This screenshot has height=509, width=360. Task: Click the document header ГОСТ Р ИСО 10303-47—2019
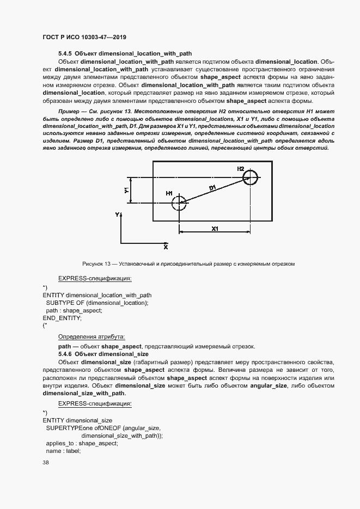pyautogui.click(x=84, y=38)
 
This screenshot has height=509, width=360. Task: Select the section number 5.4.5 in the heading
pyautogui.click(x=65, y=54)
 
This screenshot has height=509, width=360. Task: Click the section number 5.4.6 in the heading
pyautogui.click(x=65, y=354)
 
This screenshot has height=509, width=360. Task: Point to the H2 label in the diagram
pyautogui.click(x=240, y=169)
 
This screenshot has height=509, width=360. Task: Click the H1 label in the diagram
pyautogui.click(x=169, y=194)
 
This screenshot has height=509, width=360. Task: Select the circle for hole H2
pyautogui.click(x=250, y=177)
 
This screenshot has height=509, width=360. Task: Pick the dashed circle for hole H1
pyautogui.click(x=179, y=204)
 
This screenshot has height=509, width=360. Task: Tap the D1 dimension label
pyautogui.click(x=212, y=188)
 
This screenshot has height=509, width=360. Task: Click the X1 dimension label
pyautogui.click(x=215, y=229)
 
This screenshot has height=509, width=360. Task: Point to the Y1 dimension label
pyautogui.click(x=126, y=191)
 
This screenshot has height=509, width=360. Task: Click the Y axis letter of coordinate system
pyautogui.click(x=117, y=216)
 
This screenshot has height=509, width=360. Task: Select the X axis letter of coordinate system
pyautogui.click(x=166, y=247)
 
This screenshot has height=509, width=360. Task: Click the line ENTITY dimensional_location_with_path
pyautogui.click(x=97, y=295)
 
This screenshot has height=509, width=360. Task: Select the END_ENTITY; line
pyautogui.click(x=62, y=317)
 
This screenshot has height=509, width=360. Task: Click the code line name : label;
pyautogui.click(x=63, y=451)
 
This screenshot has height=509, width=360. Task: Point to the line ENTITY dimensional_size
pyautogui.click(x=77, y=420)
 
